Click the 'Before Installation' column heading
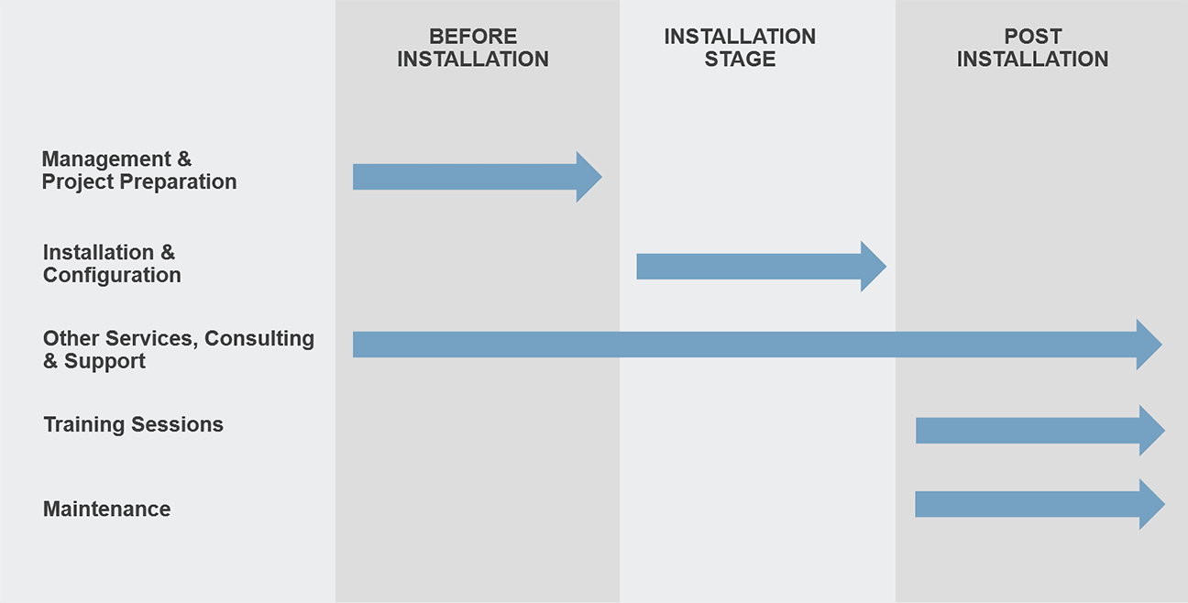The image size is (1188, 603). click(x=473, y=48)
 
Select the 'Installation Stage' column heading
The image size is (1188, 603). click(x=740, y=48)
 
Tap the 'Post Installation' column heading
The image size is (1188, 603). click(x=1032, y=48)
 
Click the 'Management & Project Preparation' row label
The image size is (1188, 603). click(x=139, y=170)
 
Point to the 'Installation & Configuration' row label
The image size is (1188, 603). click(x=112, y=264)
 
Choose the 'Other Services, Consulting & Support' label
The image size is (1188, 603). click(x=179, y=349)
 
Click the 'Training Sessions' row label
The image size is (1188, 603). click(x=134, y=424)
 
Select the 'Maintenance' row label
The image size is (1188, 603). click(x=106, y=510)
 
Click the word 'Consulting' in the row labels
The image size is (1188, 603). click(x=259, y=339)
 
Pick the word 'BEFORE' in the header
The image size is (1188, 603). click(x=473, y=37)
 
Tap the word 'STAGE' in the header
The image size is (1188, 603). click(x=740, y=59)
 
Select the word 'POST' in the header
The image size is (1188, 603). click(x=1033, y=37)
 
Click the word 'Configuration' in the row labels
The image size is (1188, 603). click(x=112, y=275)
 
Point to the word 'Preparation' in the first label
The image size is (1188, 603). click(x=178, y=181)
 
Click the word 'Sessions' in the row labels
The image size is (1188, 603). click(x=177, y=424)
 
